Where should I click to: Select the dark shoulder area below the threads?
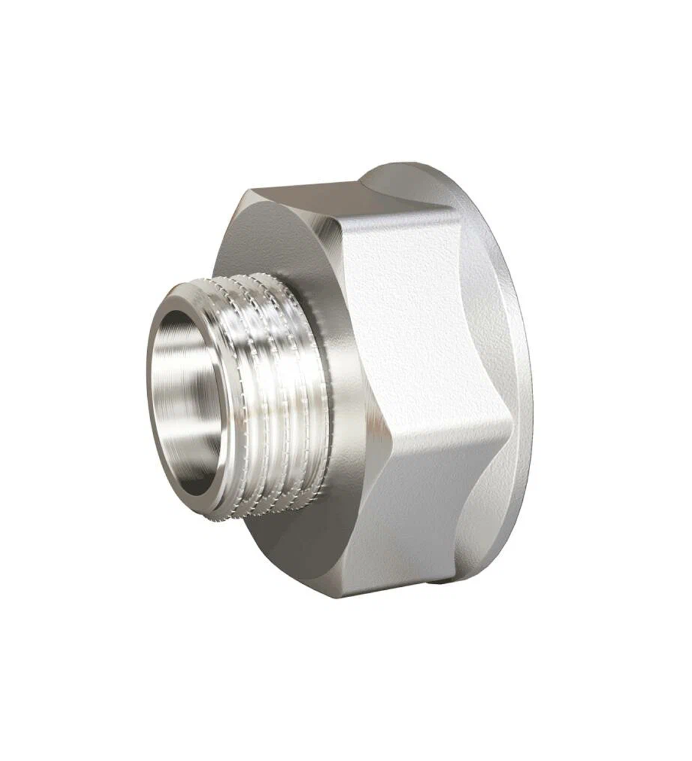click(x=293, y=550)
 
